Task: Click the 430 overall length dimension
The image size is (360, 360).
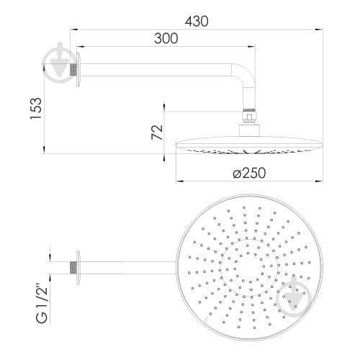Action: pos(197,21)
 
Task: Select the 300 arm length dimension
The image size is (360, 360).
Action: pos(166,38)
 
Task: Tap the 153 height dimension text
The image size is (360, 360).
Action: pos(36,108)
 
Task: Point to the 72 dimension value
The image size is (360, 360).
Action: pos(158,132)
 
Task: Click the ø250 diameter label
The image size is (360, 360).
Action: pos(249,173)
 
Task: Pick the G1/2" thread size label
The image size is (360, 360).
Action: pos(42,304)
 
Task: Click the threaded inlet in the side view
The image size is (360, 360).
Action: pos(73,70)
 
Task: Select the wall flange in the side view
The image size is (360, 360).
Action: pos(78,70)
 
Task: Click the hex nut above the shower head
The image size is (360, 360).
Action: pos(250,117)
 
